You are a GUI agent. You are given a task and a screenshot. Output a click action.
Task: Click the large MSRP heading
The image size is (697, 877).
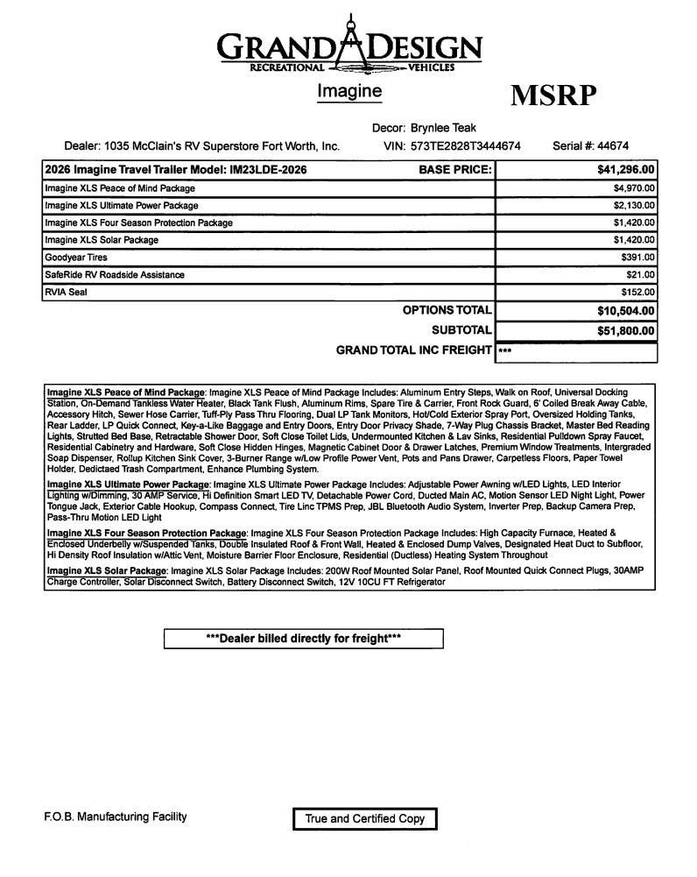pyautogui.click(x=553, y=95)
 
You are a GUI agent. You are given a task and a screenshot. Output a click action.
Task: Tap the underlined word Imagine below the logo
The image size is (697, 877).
pyautogui.click(x=348, y=90)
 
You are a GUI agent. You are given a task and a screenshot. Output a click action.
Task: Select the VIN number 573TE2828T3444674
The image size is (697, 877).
pyautogui.click(x=465, y=145)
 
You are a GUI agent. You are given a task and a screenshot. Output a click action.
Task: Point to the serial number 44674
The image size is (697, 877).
pyautogui.click(x=609, y=145)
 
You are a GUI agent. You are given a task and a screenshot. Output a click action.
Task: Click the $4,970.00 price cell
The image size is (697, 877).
pyautogui.click(x=634, y=188)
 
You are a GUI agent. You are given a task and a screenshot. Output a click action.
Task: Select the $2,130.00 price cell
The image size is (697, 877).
pyautogui.click(x=634, y=206)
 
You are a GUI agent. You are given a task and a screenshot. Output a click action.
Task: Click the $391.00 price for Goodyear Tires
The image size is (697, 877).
pyautogui.click(x=638, y=258)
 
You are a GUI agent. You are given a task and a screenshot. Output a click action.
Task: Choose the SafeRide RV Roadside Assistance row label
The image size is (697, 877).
pyautogui.click(x=115, y=275)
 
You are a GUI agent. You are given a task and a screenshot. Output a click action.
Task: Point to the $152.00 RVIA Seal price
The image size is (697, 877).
pyautogui.click(x=638, y=292)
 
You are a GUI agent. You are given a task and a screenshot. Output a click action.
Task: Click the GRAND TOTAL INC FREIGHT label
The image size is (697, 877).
pyautogui.click(x=414, y=350)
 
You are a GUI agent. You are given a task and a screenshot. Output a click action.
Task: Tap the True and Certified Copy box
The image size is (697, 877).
pyautogui.click(x=364, y=818)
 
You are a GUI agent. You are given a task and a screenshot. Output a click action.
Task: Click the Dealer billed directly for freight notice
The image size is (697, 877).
pyautogui.click(x=303, y=639)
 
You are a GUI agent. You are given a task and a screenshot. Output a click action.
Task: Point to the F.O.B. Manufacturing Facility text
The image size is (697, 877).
pyautogui.click(x=115, y=817)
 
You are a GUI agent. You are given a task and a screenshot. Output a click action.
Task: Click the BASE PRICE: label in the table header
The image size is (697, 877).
pyautogui.click(x=455, y=170)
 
